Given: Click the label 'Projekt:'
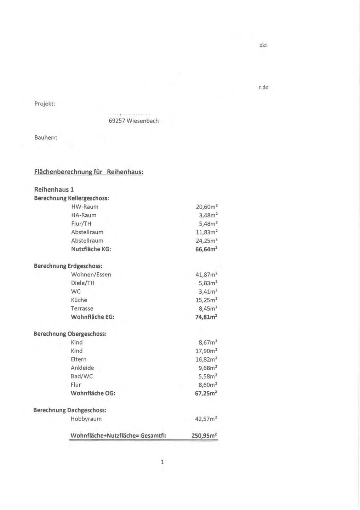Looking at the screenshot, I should (45, 104).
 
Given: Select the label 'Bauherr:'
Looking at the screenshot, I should (46, 137).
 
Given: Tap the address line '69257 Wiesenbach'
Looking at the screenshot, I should (133, 121).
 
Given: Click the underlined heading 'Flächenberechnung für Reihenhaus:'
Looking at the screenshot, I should (88, 172).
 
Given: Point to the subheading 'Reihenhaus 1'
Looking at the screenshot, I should (54, 189).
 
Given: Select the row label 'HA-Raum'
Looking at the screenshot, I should (84, 215).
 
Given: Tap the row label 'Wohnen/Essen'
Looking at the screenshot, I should (91, 274).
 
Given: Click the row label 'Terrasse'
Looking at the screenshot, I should (82, 308).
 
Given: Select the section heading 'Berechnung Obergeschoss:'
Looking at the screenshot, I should (70, 334).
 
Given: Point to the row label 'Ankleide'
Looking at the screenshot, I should (82, 368).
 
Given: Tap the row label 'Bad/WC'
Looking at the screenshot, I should (82, 376).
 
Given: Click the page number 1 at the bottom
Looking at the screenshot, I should (162, 462).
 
